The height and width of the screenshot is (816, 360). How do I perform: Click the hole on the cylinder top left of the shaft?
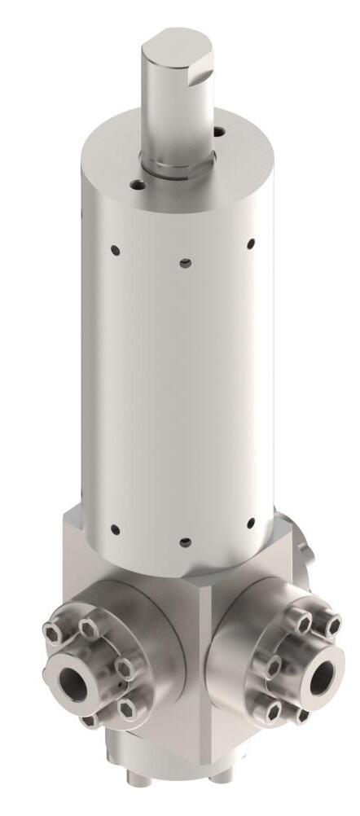(x=138, y=186)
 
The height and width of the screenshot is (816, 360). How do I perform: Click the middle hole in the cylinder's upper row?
(x=186, y=262)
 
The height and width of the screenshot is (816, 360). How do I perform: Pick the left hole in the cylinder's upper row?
(x=115, y=247)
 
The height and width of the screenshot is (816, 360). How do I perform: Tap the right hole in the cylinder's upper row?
(x=251, y=243)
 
